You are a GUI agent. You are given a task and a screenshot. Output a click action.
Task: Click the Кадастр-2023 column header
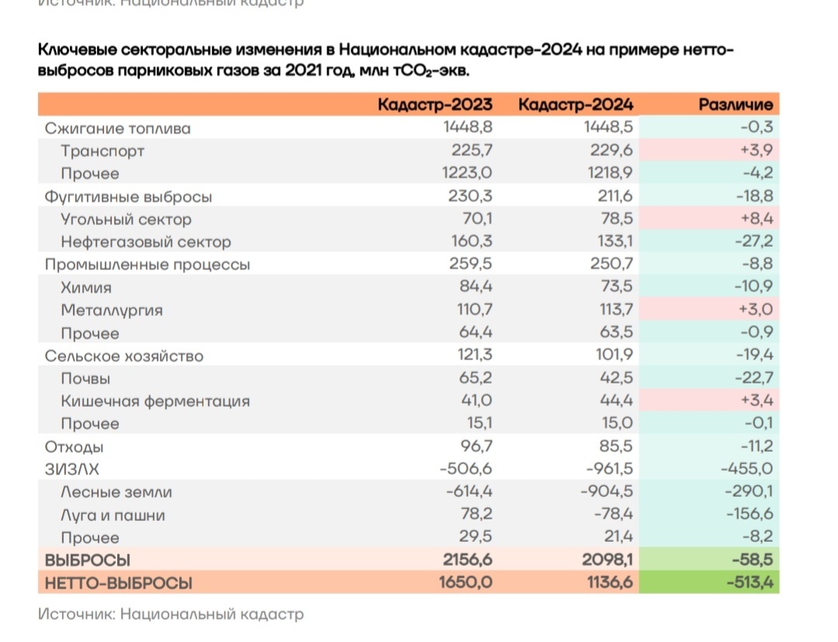point(435,105)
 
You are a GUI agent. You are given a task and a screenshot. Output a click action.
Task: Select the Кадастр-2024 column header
point(576,105)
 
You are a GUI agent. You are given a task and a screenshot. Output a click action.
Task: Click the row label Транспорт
point(102,151)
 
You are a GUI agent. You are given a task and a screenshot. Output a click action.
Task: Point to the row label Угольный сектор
point(126,219)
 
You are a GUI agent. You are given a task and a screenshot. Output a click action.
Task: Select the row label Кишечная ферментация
point(155,401)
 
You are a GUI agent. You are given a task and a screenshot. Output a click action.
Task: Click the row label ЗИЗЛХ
point(73,469)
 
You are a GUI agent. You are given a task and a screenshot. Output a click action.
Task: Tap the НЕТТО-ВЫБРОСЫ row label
point(118,583)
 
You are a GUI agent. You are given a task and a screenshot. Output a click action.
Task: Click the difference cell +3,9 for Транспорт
point(757,151)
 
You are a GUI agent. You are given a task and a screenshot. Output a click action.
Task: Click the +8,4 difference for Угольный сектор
point(757,219)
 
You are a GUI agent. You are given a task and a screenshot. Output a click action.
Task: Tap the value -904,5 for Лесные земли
point(607,492)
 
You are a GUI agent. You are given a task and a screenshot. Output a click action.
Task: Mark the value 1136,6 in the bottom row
point(607,583)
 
